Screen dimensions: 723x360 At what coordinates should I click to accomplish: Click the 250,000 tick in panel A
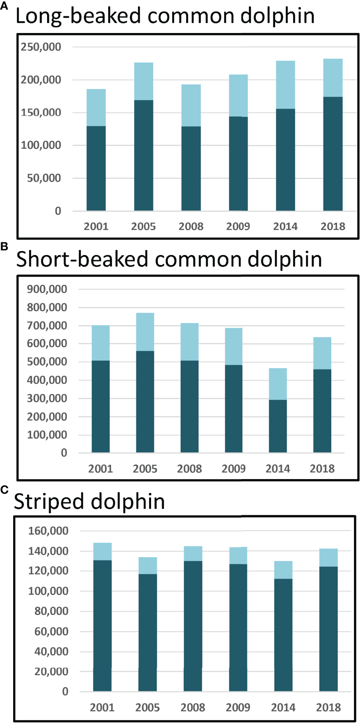(41, 47)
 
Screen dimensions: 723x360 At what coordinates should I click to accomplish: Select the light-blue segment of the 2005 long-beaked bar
(144, 81)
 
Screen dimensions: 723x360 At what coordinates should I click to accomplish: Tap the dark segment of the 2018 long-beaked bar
(333, 153)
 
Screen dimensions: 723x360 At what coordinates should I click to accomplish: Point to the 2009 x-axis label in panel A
(238, 226)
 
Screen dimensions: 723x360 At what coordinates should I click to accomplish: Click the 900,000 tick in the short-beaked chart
(47, 289)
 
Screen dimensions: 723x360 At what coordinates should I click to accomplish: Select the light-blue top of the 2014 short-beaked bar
(278, 384)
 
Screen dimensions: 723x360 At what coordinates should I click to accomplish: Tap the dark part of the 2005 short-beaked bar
(145, 402)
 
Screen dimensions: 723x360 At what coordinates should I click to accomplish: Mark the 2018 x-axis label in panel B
(322, 469)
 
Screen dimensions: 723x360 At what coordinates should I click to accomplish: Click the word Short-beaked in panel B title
(82, 259)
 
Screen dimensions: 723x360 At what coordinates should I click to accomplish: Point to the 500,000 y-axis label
(47, 362)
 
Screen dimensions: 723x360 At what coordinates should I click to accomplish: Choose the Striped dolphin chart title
(89, 501)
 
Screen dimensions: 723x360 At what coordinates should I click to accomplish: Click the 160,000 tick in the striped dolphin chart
(48, 531)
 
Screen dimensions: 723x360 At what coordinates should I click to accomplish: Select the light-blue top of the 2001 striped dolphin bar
(102, 552)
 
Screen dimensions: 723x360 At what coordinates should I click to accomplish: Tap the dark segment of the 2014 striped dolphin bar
(283, 635)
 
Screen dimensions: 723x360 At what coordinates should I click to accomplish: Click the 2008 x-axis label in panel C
(193, 707)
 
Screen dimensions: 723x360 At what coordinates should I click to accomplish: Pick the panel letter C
(4, 489)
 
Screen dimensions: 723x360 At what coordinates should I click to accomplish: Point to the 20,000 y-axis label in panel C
(51, 672)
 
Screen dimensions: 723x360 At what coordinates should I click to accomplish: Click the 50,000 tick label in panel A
(44, 178)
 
